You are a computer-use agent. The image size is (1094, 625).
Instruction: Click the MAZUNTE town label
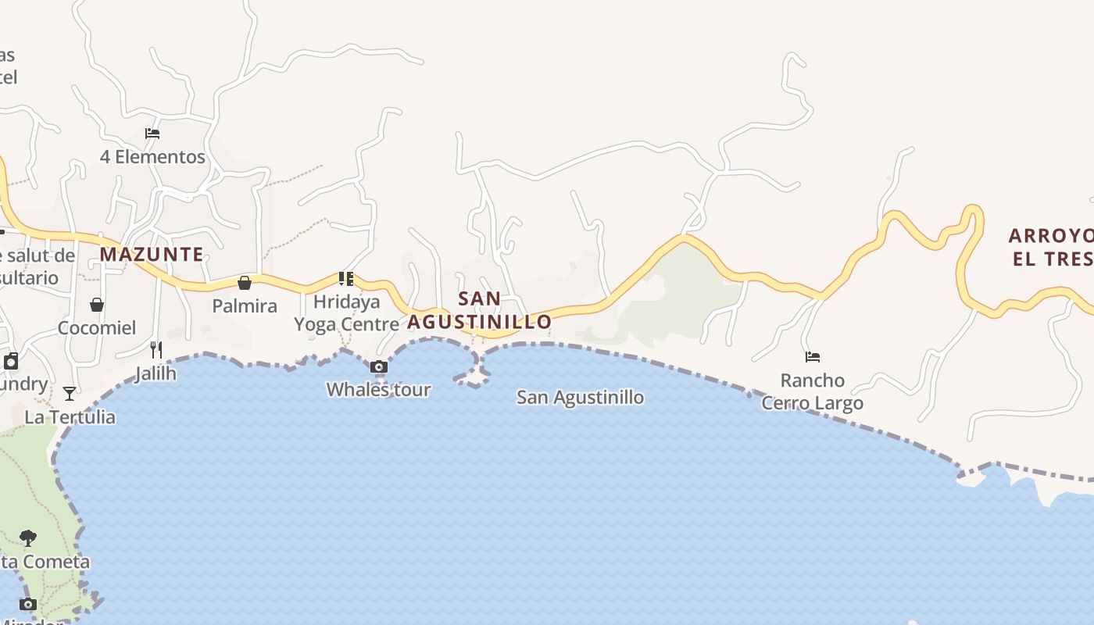click(152, 254)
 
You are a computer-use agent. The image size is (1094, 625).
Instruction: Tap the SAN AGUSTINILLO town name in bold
click(479, 310)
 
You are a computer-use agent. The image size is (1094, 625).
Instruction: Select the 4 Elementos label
click(152, 156)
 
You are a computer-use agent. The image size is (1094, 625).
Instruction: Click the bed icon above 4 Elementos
click(152, 134)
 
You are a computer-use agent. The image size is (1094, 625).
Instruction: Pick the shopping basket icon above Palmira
click(245, 283)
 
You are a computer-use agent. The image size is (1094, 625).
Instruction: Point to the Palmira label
click(245, 305)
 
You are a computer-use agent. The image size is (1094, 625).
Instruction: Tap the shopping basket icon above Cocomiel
click(97, 305)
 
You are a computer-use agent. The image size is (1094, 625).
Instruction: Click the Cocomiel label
click(97, 327)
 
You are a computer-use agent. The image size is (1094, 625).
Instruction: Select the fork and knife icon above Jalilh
click(156, 349)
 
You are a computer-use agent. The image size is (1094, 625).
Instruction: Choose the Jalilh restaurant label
click(156, 373)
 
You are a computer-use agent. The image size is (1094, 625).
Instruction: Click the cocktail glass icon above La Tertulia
click(70, 394)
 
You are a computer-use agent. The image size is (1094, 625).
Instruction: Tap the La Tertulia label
click(70, 416)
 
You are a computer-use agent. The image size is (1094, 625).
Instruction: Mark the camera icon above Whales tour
click(378, 366)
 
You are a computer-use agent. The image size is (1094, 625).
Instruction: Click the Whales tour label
click(378, 389)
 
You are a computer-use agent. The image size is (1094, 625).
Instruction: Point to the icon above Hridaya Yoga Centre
click(346, 278)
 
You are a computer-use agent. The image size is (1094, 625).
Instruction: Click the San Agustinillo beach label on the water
click(581, 397)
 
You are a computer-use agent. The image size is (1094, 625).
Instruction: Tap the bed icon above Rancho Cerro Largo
click(813, 357)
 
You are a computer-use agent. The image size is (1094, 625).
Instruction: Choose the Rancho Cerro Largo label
click(813, 391)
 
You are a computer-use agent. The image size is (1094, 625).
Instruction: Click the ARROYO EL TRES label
click(1050, 247)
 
